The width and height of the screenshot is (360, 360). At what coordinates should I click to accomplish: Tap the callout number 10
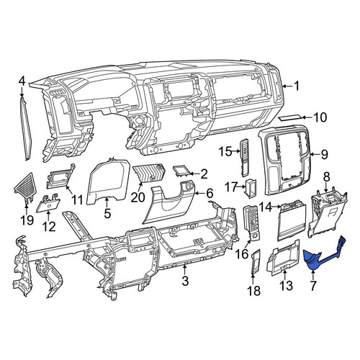click(x=320, y=117)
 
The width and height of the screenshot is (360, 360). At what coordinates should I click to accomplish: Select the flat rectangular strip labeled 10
click(x=290, y=117)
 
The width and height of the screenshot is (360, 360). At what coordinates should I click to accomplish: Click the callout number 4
click(x=22, y=81)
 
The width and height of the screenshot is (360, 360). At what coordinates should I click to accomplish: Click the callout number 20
click(x=138, y=197)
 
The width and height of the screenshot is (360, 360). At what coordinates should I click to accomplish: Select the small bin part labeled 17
click(x=251, y=189)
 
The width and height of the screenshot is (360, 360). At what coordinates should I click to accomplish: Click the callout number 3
click(x=185, y=282)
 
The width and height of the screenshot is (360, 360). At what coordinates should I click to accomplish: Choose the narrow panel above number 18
click(x=256, y=261)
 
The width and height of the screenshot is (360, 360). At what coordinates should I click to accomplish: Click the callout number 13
click(x=287, y=286)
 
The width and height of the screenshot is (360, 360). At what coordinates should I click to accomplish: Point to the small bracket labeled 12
click(x=48, y=203)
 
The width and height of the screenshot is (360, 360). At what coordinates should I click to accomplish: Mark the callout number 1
click(x=297, y=86)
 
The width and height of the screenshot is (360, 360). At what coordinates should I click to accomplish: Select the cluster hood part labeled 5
click(x=108, y=182)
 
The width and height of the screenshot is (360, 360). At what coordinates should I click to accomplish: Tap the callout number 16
click(x=242, y=254)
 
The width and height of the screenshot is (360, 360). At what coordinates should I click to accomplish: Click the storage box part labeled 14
click(x=292, y=220)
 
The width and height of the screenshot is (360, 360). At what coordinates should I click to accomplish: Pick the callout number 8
click(x=326, y=178)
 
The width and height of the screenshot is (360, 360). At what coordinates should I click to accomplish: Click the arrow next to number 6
click(x=199, y=193)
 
